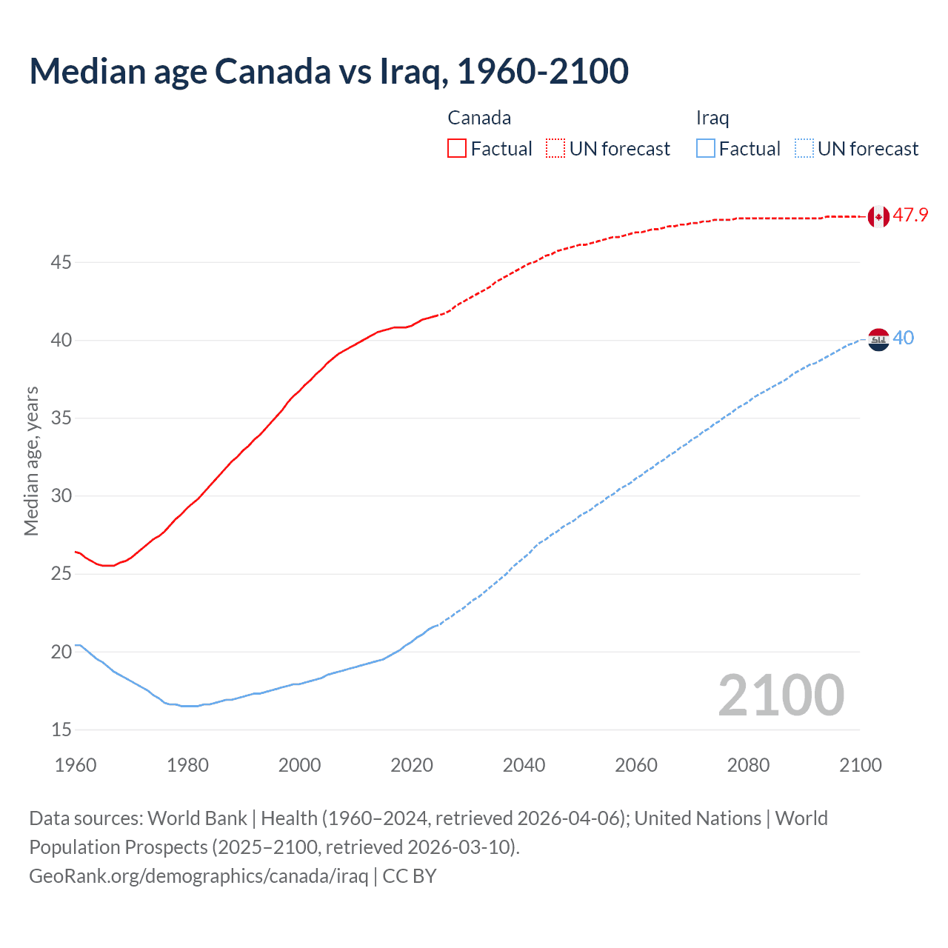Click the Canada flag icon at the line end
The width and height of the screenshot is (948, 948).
(x=878, y=216)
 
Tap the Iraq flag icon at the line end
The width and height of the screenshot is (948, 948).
(x=878, y=339)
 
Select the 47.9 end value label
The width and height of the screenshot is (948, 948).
(x=910, y=216)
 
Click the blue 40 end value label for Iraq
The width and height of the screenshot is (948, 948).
(x=904, y=338)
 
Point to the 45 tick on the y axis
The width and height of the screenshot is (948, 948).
(x=61, y=262)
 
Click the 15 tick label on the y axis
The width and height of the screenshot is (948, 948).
(x=61, y=730)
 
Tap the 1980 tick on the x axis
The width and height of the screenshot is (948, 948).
(x=187, y=765)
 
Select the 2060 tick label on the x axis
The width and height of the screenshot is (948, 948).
(x=635, y=765)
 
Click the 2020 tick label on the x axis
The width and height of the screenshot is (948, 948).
(x=412, y=765)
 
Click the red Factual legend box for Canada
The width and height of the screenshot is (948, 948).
(x=457, y=149)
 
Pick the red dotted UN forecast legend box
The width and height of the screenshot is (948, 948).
(x=555, y=149)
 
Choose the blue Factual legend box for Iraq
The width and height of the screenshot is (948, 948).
(x=706, y=149)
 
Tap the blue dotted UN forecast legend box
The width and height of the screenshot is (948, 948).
(x=804, y=149)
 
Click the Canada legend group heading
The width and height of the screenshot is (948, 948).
(x=479, y=118)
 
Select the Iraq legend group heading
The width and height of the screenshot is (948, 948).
(x=712, y=118)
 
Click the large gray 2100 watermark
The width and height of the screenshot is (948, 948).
(x=781, y=695)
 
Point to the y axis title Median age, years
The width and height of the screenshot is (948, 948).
(x=31, y=461)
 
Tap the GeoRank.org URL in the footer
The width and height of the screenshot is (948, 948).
(x=198, y=876)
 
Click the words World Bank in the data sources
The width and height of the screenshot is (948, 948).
(x=197, y=818)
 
